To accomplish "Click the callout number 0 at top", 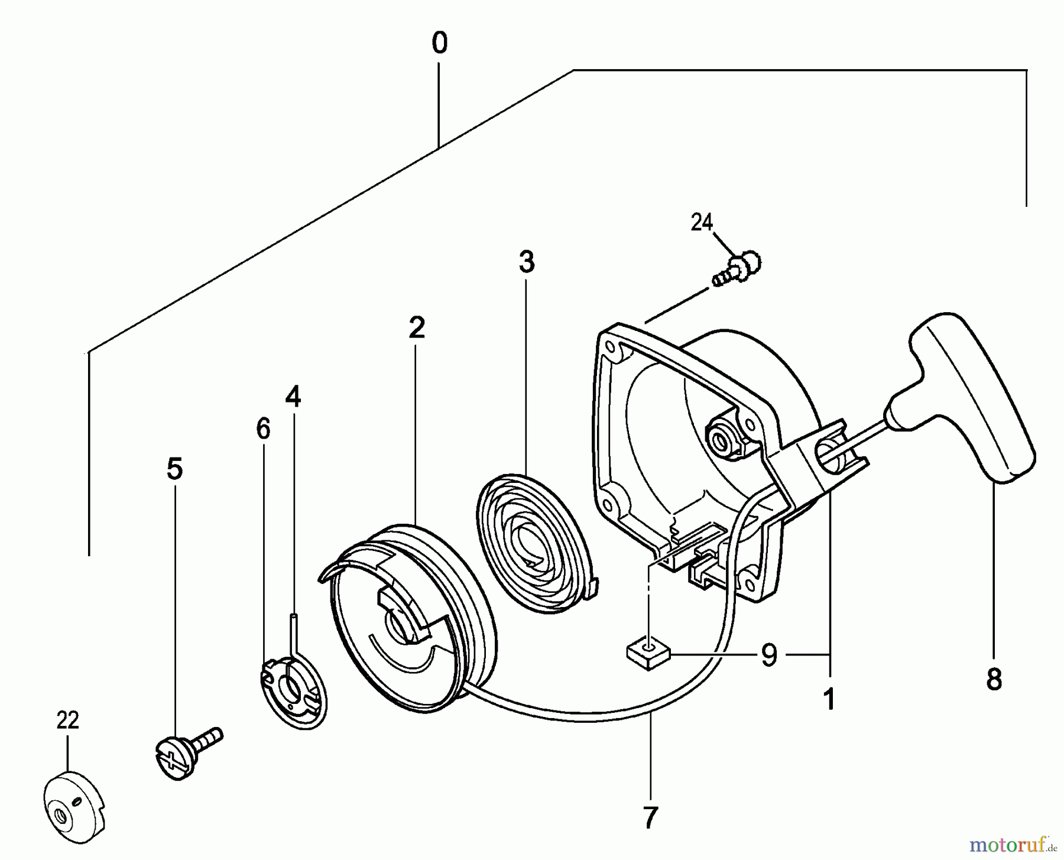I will pos(439,44).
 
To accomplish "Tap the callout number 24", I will pos(702,223).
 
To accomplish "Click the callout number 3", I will pos(526,262).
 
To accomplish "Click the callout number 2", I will pos(417,327).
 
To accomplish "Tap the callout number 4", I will pos(293,397).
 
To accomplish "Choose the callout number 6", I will pos(263,429).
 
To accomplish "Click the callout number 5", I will pos(175,469).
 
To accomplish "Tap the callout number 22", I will pos(67,721).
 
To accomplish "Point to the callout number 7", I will pos(650,818).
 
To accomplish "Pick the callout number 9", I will pos(768,655).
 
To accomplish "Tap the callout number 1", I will pos(829,700).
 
